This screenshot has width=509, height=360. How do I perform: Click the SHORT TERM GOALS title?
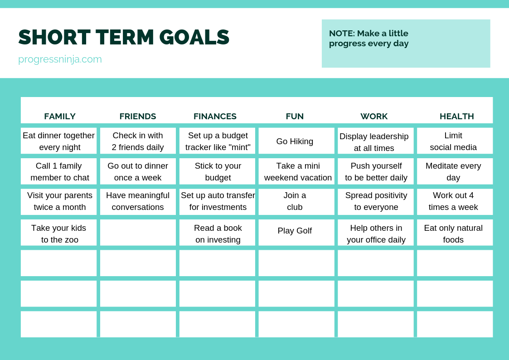click(x=124, y=37)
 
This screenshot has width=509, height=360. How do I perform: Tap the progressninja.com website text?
click(x=60, y=59)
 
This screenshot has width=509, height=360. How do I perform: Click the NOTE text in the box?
click(x=368, y=38)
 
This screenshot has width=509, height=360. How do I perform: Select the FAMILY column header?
click(x=60, y=116)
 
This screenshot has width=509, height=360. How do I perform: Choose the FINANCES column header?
click(x=215, y=116)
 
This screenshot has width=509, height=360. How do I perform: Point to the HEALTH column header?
click(x=457, y=116)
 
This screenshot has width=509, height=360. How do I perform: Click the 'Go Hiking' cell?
click(x=296, y=141)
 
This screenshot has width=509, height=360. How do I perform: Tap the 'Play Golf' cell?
click(x=296, y=233)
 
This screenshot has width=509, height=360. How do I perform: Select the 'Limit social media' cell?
click(x=455, y=141)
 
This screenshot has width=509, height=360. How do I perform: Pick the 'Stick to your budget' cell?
click(x=217, y=171)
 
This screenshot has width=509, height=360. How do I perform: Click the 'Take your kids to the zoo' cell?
click(x=59, y=233)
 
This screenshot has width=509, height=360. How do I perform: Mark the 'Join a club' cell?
click(x=296, y=202)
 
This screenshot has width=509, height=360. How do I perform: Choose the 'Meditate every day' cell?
click(x=455, y=171)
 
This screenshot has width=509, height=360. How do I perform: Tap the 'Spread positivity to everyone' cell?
click(x=376, y=202)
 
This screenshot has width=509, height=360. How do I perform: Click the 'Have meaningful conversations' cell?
click(x=138, y=202)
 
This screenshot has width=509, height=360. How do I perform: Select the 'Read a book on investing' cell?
click(x=217, y=233)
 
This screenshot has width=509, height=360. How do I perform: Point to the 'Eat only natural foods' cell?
click(x=455, y=233)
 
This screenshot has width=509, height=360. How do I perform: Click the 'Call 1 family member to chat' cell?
click(x=59, y=171)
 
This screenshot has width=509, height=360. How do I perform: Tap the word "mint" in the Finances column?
click(x=240, y=147)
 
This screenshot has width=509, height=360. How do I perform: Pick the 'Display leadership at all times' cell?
click(x=376, y=141)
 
